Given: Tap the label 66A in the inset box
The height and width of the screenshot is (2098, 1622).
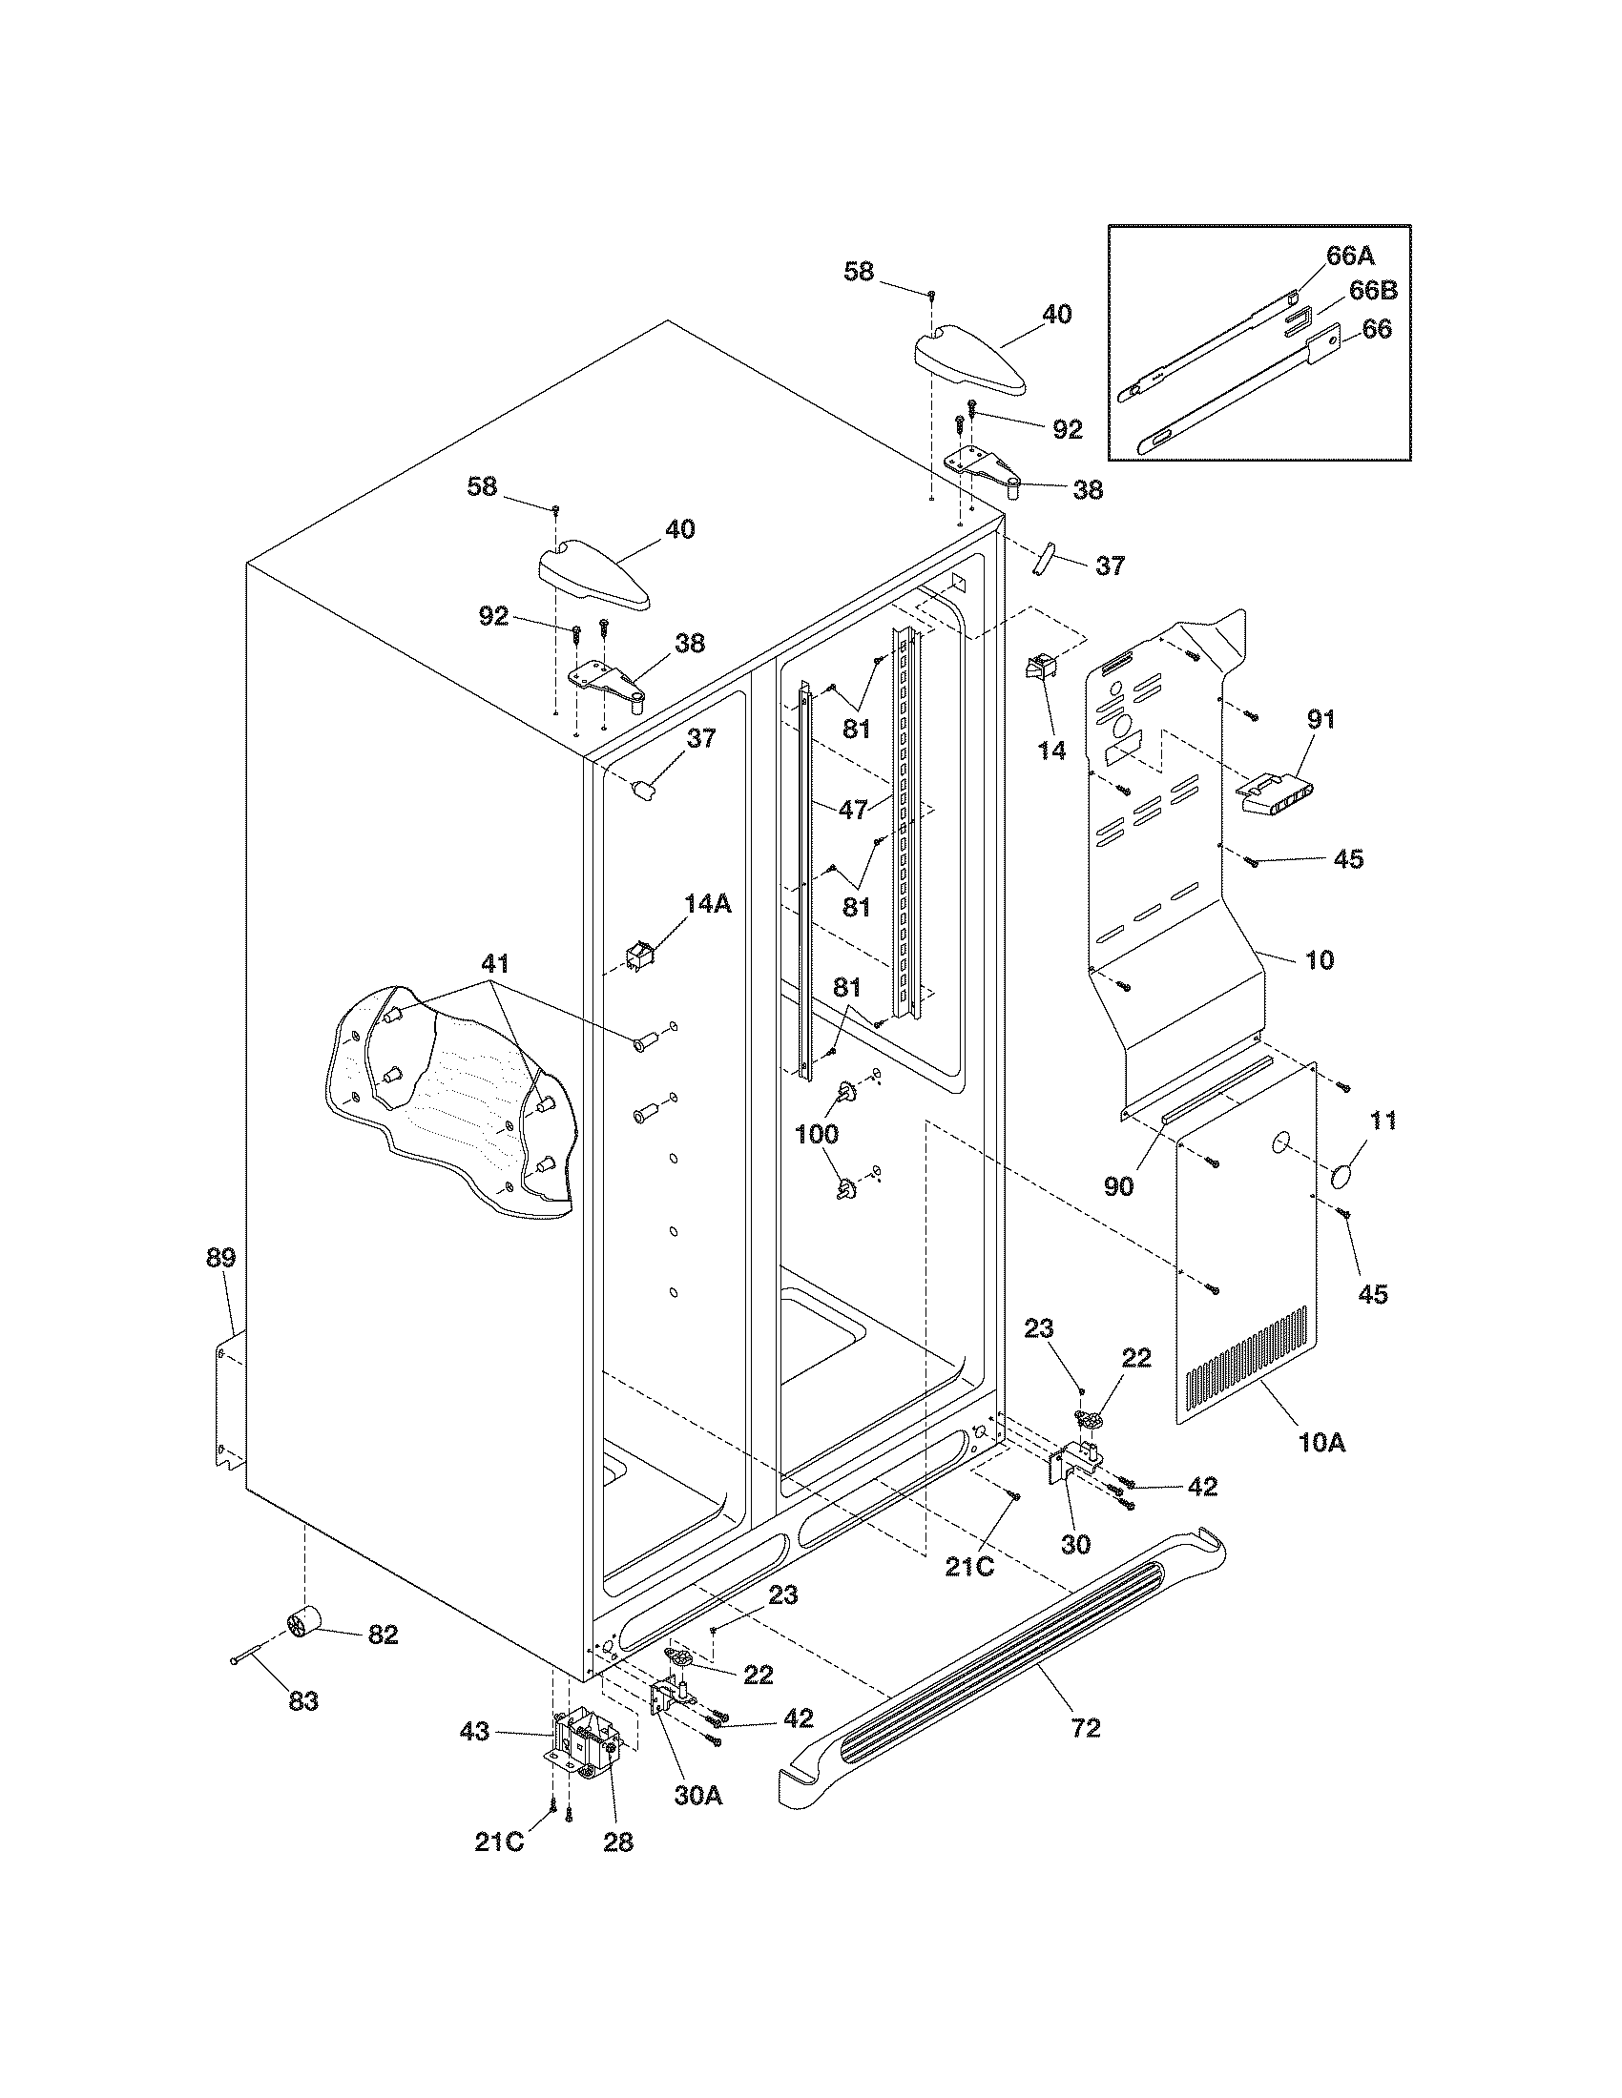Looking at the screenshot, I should (x=1351, y=256).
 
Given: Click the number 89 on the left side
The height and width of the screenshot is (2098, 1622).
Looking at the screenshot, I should (x=221, y=1258).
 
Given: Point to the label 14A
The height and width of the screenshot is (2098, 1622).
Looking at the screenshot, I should (x=708, y=903).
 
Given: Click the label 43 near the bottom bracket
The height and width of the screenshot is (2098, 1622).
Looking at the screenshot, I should (x=475, y=1731).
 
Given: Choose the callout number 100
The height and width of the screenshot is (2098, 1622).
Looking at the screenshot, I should (x=816, y=1134).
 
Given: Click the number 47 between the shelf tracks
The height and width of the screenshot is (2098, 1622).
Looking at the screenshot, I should (x=853, y=809).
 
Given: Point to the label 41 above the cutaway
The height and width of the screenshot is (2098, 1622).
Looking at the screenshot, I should (x=496, y=963).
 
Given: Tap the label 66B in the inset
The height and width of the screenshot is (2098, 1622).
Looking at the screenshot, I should (x=1373, y=290).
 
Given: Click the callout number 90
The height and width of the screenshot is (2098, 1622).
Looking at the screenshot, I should (x=1118, y=1185).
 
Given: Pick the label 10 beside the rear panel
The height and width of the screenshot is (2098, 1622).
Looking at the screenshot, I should (x=1320, y=958).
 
